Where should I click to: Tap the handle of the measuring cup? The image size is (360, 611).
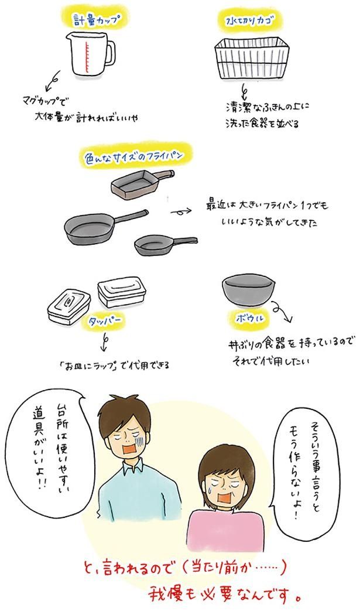[x=108, y=52]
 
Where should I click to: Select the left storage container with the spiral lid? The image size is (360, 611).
[x=67, y=306]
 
